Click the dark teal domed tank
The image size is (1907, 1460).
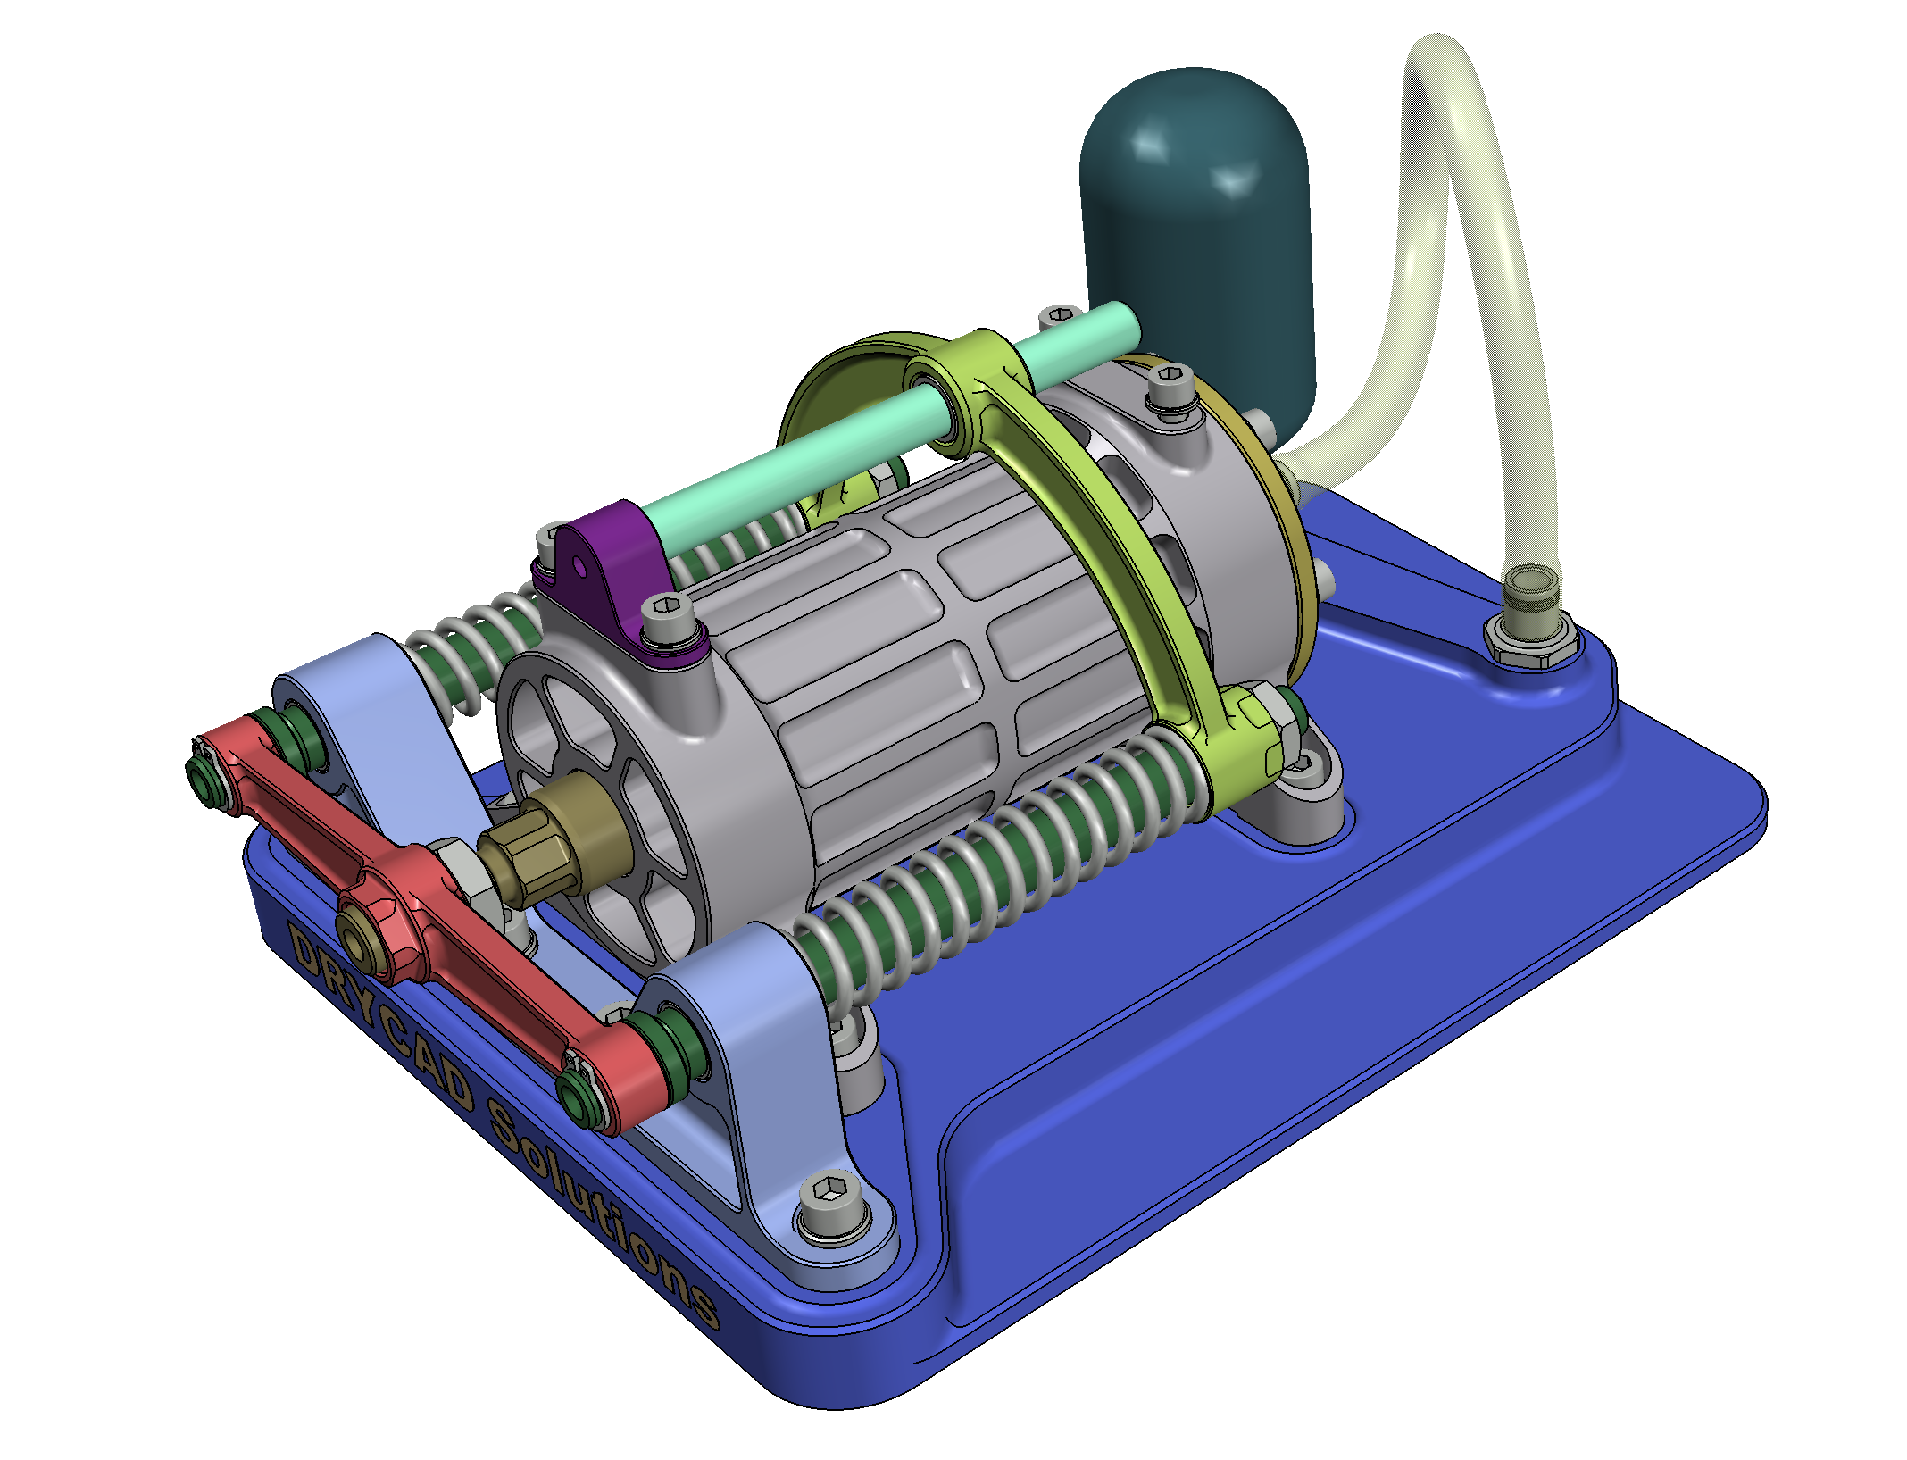tap(1196, 241)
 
